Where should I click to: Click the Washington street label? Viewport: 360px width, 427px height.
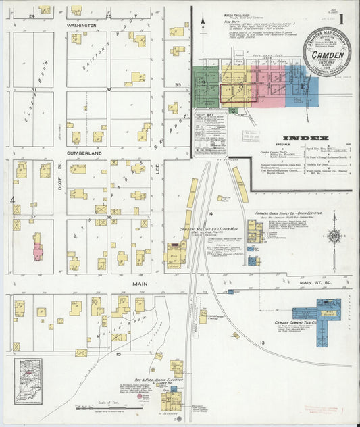81,26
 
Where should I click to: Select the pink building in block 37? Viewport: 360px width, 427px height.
37,247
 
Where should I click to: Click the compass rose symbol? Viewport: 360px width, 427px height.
333,236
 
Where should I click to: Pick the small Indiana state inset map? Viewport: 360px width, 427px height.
28,372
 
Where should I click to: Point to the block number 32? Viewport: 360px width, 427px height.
108,89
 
